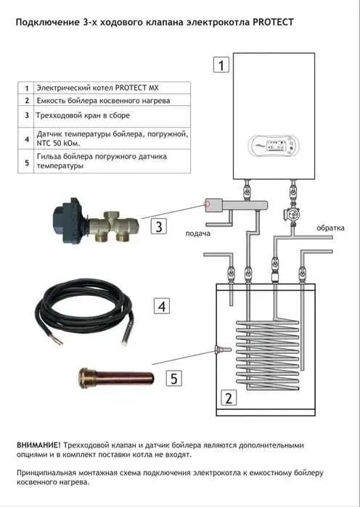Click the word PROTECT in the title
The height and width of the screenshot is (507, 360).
coord(273,22)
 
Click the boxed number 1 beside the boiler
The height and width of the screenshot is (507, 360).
coord(221,65)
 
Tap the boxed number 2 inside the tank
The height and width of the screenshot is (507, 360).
coord(229,397)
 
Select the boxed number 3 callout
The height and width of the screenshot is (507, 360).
coord(159,226)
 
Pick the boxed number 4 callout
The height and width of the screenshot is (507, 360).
coord(162,306)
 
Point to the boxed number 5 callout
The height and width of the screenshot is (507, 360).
coord(174,378)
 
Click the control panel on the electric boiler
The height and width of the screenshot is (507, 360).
coord(274,146)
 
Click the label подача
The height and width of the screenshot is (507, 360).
coord(197,234)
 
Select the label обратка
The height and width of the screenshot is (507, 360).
coord(330,228)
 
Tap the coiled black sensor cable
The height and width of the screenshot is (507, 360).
coord(84,313)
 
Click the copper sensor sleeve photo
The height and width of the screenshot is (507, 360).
coord(116,377)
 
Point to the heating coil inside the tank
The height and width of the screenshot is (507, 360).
coord(268,354)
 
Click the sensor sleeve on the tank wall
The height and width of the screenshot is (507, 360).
coord(223,350)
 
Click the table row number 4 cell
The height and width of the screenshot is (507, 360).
coord(26,139)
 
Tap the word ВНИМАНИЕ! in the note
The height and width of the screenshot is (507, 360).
coord(38,445)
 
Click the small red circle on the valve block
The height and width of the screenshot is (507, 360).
coord(207,204)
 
